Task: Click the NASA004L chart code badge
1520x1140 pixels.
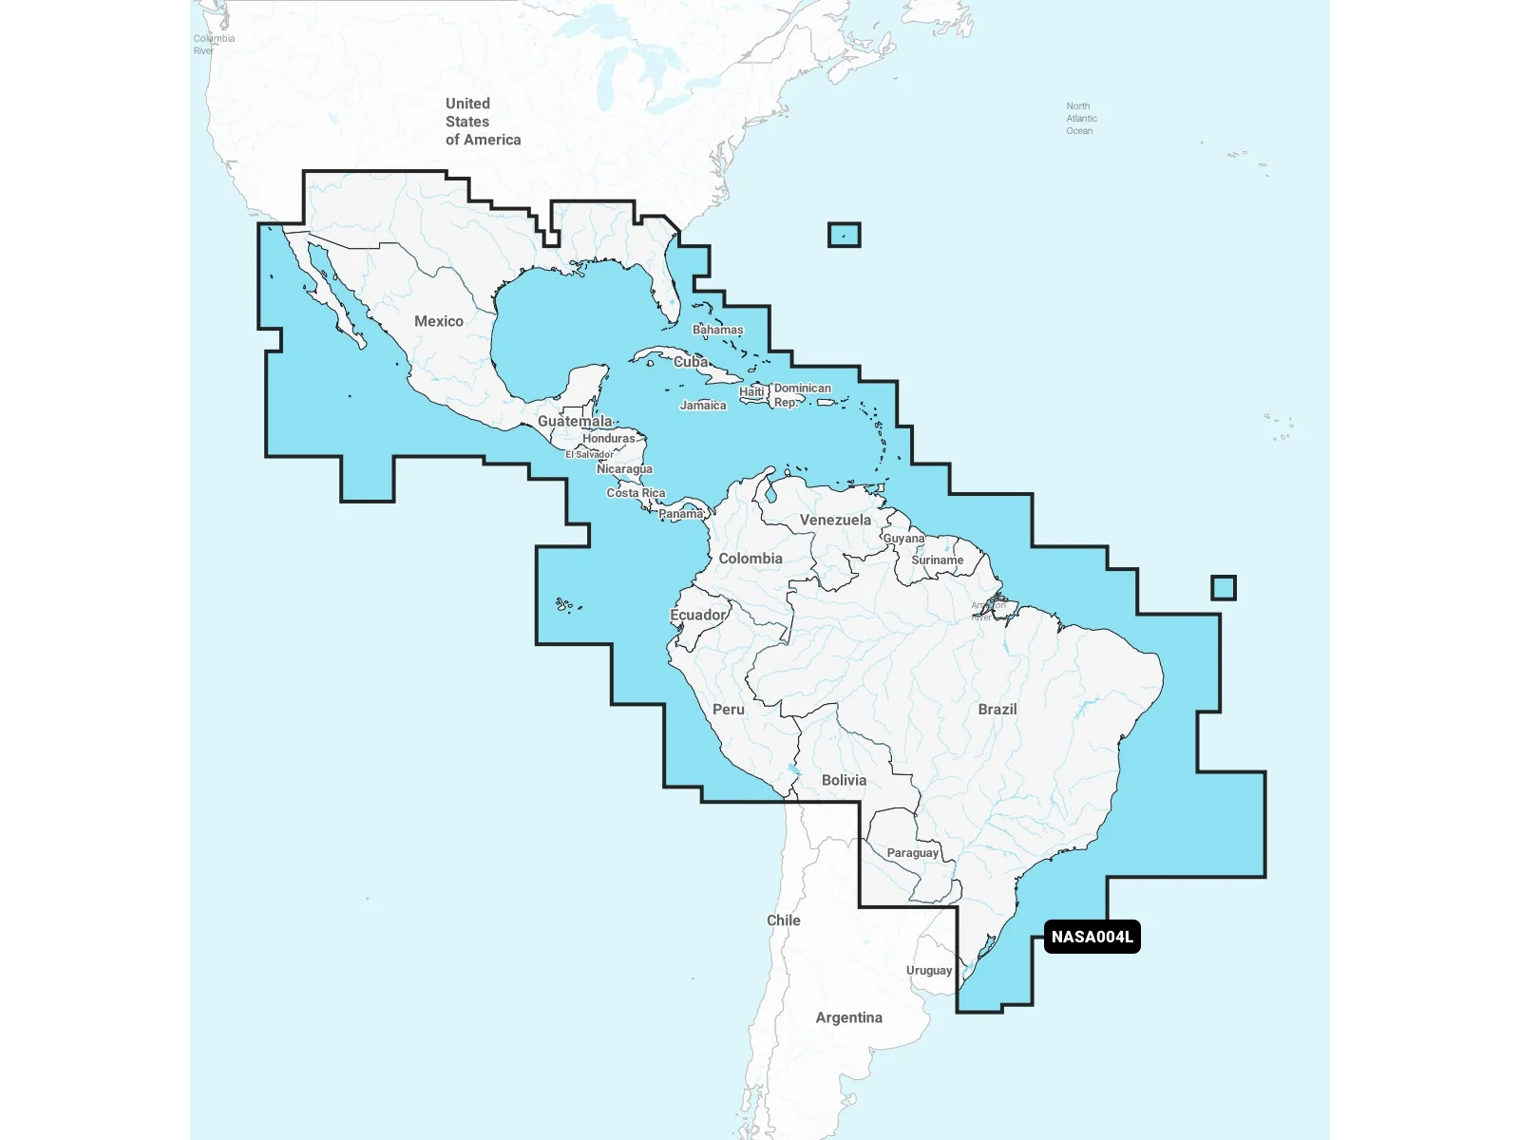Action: click(1092, 937)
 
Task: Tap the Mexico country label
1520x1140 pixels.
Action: click(439, 321)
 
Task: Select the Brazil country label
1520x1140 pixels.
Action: click(997, 709)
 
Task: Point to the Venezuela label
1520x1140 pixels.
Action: click(835, 520)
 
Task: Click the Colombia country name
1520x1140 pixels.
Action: click(750, 559)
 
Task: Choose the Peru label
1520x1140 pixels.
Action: click(729, 710)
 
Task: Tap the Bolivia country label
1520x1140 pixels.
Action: click(844, 780)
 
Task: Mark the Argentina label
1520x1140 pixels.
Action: click(848, 1017)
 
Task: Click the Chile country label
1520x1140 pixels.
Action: click(784, 921)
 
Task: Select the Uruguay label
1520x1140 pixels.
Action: click(928, 970)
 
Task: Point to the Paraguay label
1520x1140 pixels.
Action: click(912, 853)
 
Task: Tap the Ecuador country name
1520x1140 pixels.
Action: click(698, 615)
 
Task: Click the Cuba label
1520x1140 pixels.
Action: click(691, 362)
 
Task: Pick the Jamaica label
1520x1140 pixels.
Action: click(703, 406)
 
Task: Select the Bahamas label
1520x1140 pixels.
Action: click(717, 330)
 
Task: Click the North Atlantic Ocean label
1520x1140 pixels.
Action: click(1080, 119)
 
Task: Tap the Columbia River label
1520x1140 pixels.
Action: click(213, 45)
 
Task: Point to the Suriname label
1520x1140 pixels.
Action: click(937, 560)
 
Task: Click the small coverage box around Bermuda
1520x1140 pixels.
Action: click(844, 235)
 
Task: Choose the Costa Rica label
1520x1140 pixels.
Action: click(636, 493)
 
